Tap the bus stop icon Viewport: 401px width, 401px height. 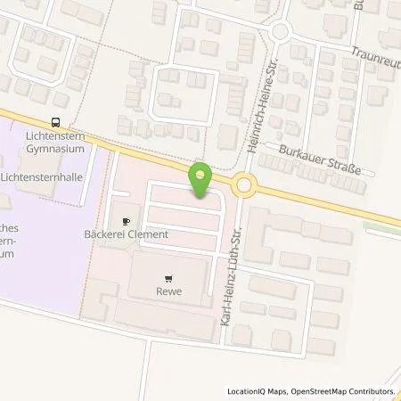point(57,123)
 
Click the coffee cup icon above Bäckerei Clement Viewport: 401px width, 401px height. point(126,219)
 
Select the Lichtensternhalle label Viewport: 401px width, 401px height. point(49,178)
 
